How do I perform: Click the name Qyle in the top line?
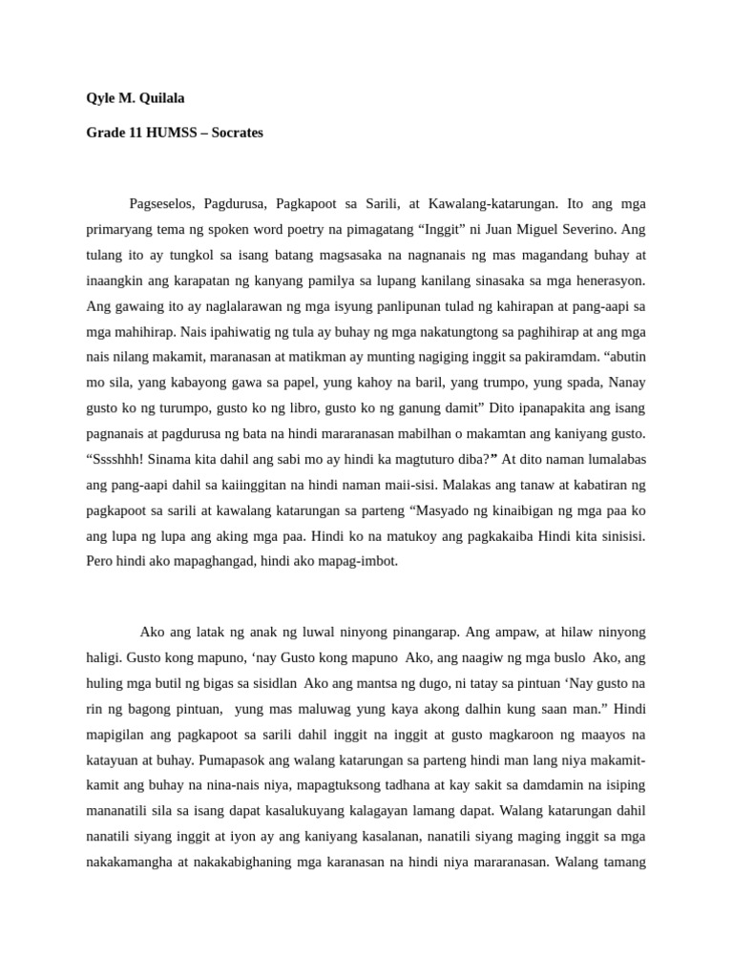pyautogui.click(x=101, y=97)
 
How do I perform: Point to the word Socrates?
pyautogui.click(x=238, y=133)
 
